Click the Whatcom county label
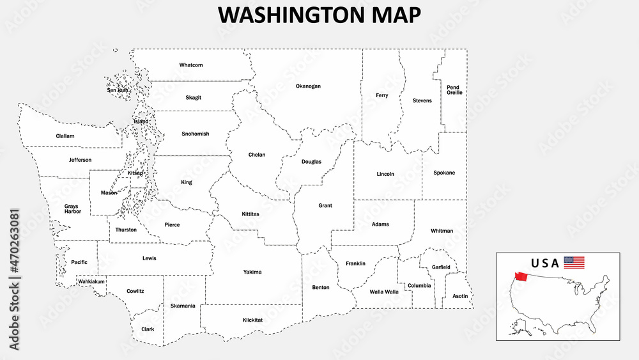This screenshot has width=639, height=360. [x=191, y=65]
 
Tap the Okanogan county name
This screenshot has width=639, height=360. [x=308, y=86]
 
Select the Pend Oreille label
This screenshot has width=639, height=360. [x=454, y=90]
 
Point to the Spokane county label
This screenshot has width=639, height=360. [x=444, y=173]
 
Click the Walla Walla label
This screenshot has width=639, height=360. [x=384, y=292]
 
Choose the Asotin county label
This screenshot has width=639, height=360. [x=460, y=296]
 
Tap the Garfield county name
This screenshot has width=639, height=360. [x=441, y=267]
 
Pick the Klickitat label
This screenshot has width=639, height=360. [x=253, y=320]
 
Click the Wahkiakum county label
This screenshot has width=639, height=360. [x=91, y=281]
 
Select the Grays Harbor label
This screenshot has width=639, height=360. [x=72, y=208]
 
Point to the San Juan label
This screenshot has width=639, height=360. [x=118, y=90]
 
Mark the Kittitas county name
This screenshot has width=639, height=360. [x=250, y=214]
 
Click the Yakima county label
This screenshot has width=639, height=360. [x=252, y=272]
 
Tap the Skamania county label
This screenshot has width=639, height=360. [x=183, y=306]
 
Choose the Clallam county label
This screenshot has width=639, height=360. [x=65, y=136]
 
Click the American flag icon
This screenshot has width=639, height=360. [x=574, y=262]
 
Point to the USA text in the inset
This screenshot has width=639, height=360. [x=545, y=263]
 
